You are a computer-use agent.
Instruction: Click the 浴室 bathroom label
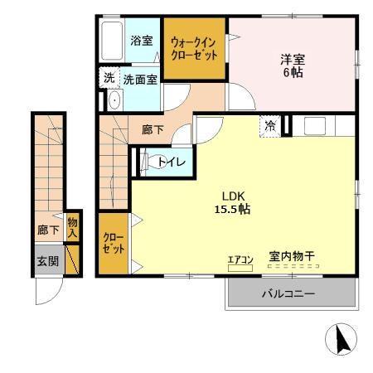pos(142,40)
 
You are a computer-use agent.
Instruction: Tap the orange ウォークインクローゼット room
pos(194,49)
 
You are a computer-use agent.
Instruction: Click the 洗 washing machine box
pos(109,79)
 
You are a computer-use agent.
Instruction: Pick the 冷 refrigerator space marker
pos(271,127)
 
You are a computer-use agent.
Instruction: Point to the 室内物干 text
pos(291,258)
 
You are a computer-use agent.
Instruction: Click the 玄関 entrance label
pos(47,261)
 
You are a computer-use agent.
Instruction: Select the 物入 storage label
pos(72,227)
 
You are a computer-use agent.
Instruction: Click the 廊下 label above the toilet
pos(152,130)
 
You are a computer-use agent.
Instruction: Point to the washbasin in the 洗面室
pos(114,99)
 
